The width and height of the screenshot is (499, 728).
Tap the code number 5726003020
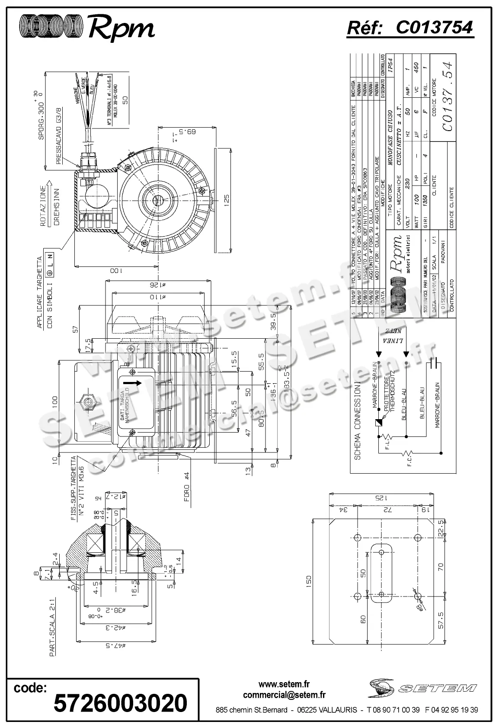(x=120, y=703)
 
